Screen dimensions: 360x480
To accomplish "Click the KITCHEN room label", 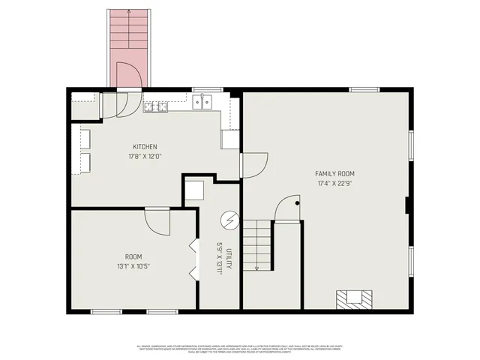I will (145, 147).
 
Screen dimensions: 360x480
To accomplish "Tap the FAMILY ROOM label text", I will (335, 173).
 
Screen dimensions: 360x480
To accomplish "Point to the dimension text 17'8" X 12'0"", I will (145, 157).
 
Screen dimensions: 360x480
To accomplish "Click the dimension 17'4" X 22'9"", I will (335, 183).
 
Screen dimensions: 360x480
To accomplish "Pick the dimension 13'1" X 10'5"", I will (133, 265).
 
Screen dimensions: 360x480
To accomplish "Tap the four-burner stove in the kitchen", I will (155, 106).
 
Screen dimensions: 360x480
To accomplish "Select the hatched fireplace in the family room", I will (352, 298).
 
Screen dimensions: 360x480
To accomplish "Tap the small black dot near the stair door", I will (297, 203).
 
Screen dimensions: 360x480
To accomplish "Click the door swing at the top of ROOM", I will (157, 220).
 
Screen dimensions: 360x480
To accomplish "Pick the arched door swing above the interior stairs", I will (287, 209).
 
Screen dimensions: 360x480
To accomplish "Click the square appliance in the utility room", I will (195, 190).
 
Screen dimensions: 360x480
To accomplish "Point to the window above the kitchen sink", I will (202, 89).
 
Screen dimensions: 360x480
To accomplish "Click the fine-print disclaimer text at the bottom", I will (240, 349).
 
